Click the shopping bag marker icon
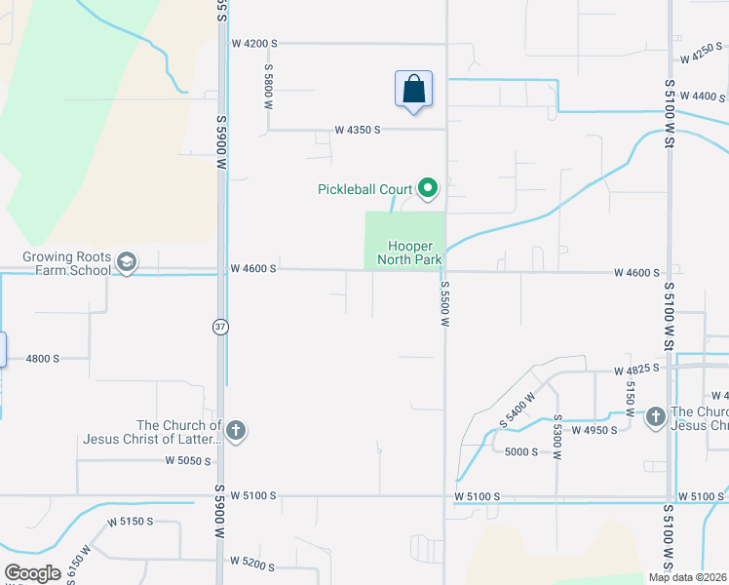tap(413, 89)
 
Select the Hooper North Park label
tap(416, 253)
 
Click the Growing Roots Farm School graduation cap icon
tap(126, 262)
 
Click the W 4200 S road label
tap(254, 44)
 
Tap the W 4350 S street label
tap(357, 129)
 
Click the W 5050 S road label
tap(188, 460)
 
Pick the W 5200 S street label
tap(253, 562)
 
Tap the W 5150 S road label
tap(131, 522)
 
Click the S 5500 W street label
tap(443, 306)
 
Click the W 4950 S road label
tap(595, 430)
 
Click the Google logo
tap(32, 573)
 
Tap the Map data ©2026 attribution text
tap(688, 577)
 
